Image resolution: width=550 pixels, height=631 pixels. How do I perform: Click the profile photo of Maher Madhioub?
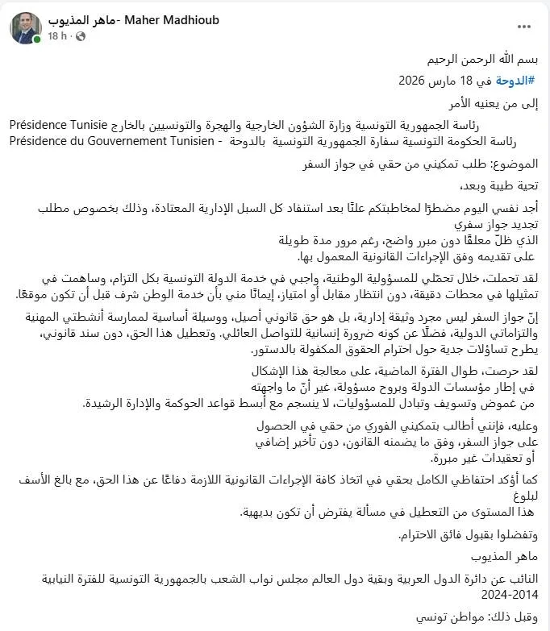point(25,27)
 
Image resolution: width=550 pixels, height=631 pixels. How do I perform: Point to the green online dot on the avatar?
point(37,39)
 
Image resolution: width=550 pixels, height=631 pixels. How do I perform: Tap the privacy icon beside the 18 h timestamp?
point(74,36)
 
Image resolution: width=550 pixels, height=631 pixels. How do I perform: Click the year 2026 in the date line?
point(415,81)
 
